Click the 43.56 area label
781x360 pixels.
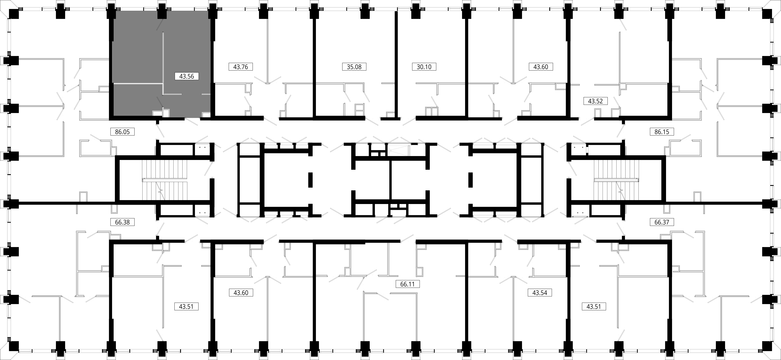point(186,76)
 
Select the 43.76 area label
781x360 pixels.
point(240,67)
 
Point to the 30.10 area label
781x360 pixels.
point(424,67)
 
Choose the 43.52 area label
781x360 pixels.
point(595,101)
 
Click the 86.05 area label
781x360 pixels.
point(122,132)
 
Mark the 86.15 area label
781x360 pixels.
point(662,132)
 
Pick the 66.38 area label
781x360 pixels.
point(122,222)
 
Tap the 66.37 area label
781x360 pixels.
point(662,222)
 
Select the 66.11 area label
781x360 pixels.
point(407,284)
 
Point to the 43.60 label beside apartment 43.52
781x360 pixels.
point(541,67)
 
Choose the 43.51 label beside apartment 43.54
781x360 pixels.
point(593,307)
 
